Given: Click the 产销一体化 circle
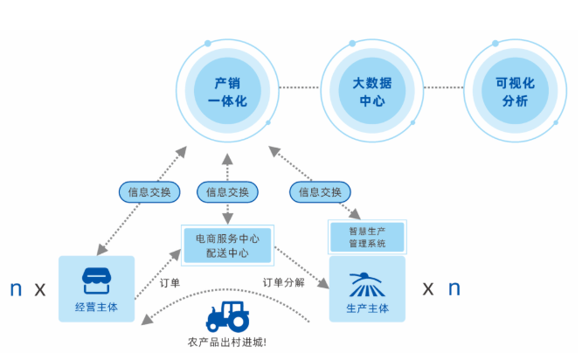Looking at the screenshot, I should [x=228, y=91].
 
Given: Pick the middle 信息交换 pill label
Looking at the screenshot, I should [x=227, y=191].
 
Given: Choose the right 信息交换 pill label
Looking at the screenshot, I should [x=319, y=191].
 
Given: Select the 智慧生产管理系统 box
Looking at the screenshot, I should [x=367, y=237].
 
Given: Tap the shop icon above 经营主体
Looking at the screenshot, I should [x=97, y=280].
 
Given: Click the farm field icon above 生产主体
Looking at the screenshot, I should [x=367, y=283].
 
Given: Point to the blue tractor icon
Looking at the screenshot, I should [x=227, y=316].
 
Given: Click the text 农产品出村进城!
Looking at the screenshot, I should [x=227, y=342].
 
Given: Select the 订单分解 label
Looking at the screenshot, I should [x=284, y=282].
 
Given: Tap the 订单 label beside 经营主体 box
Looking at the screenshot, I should [x=170, y=282].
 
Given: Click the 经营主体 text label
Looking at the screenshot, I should [x=97, y=308].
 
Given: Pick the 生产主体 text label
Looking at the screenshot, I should [x=367, y=308].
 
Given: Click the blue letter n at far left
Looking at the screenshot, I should [x=15, y=289].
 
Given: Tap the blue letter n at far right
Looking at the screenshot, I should [x=454, y=288].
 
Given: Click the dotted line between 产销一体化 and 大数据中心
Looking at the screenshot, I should [x=300, y=87].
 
